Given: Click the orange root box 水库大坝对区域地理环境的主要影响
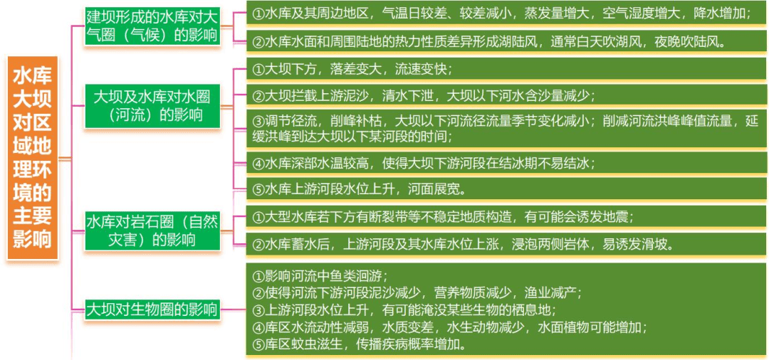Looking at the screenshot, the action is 33,159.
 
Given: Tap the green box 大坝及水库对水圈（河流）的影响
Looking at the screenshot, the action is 152,106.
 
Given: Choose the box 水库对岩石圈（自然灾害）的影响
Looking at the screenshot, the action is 152,231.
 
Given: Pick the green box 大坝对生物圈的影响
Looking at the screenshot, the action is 152,309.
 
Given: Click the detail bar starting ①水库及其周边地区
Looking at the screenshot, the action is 506,14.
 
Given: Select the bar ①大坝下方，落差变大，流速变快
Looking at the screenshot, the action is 506,69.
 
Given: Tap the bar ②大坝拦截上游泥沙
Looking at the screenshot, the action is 506,95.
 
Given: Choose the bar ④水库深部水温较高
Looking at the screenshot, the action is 506,163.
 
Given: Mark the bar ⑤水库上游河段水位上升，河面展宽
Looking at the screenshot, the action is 506,189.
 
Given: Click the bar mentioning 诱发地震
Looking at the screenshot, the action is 506,217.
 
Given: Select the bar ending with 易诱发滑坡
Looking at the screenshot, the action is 506,244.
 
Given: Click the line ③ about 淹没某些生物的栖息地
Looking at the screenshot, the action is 404,310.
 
